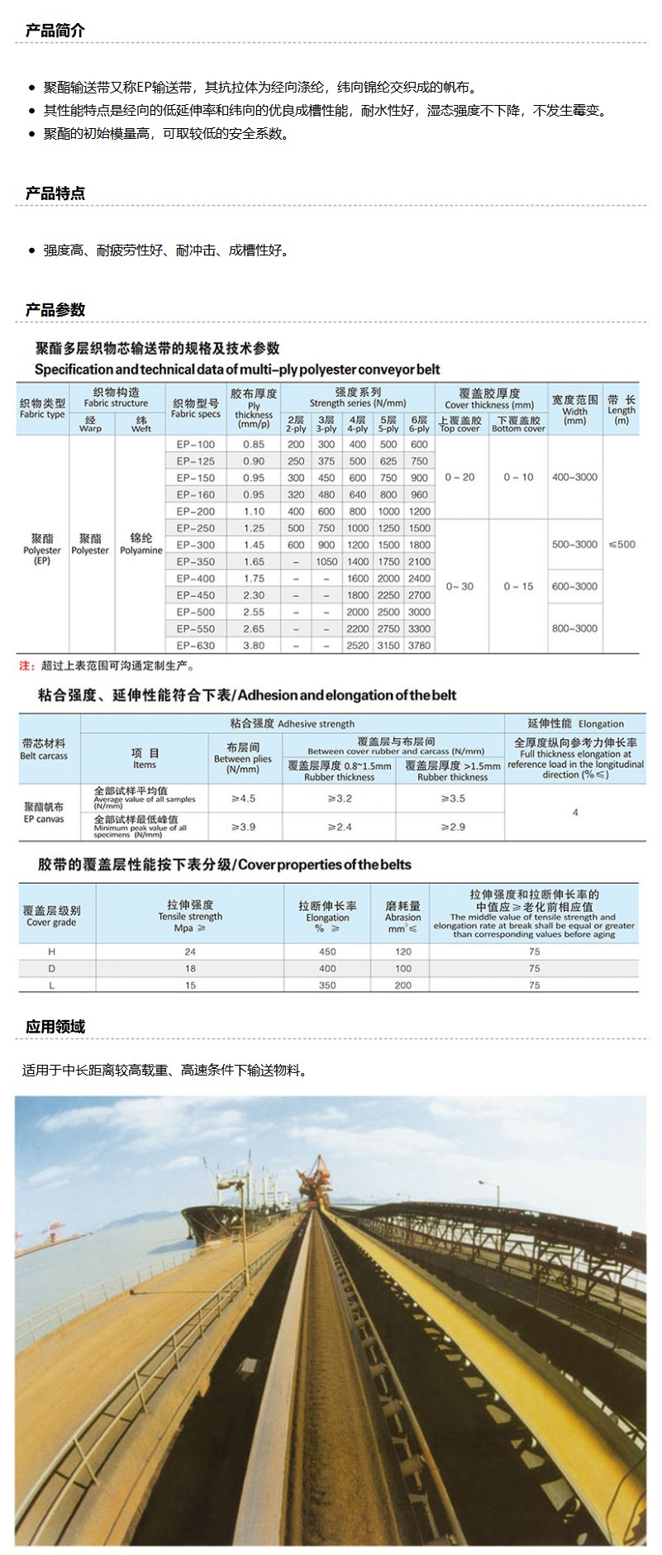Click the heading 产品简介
point(55,31)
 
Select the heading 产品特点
point(55,193)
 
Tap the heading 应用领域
point(55,1027)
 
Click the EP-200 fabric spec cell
point(196,511)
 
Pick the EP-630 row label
point(196,645)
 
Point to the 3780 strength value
point(419,645)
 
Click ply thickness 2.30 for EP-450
point(254,594)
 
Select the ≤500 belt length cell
point(622,544)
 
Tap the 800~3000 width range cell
point(574,628)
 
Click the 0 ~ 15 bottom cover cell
point(519,586)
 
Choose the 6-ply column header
point(419,424)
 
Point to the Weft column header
point(141,424)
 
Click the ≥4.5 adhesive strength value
point(244,799)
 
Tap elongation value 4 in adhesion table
point(575,813)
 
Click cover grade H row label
point(53,952)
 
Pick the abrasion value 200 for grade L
point(403,985)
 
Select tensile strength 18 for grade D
point(191,968)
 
